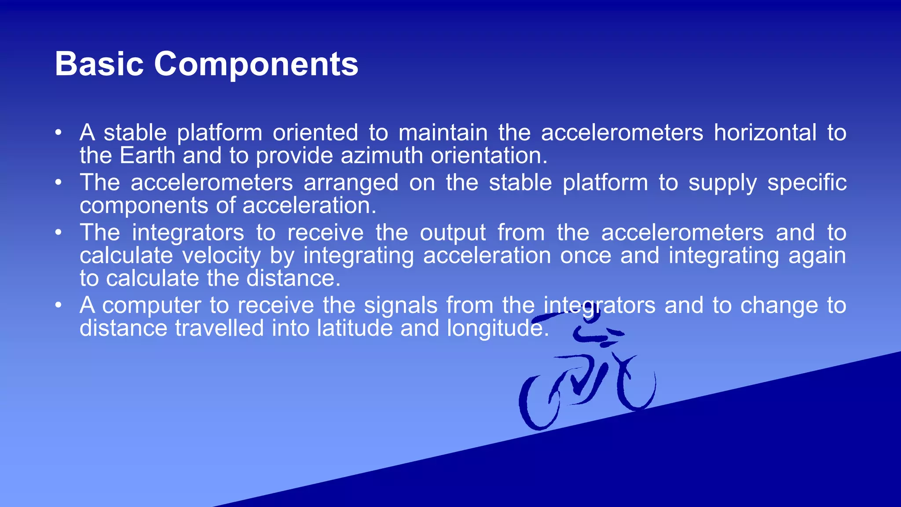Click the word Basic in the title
(99, 64)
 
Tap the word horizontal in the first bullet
(765, 132)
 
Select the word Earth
(147, 156)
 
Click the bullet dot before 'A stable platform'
(59, 132)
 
